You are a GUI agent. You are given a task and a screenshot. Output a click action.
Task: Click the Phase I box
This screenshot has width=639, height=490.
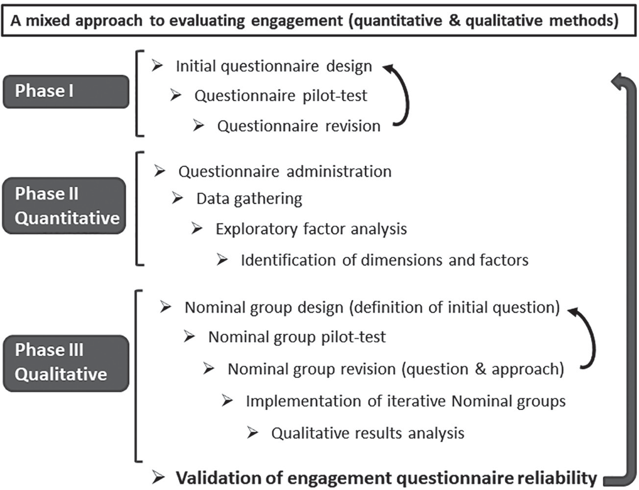click(66, 91)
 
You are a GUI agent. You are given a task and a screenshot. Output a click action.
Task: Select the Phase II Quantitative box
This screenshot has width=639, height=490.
click(64, 206)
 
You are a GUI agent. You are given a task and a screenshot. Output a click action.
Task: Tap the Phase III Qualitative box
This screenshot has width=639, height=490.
click(66, 363)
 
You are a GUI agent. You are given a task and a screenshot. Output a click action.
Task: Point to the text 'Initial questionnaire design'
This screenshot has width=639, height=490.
click(273, 66)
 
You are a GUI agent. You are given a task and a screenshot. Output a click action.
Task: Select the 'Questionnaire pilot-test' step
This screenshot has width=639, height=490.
click(280, 96)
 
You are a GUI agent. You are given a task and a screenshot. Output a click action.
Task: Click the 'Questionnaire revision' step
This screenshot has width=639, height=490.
click(298, 126)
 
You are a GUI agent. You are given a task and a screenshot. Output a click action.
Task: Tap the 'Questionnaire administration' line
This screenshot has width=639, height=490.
click(285, 171)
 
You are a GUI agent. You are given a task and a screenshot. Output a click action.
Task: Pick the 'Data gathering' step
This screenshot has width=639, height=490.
click(249, 198)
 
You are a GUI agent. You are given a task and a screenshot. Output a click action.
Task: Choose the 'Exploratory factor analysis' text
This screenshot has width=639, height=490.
click(311, 229)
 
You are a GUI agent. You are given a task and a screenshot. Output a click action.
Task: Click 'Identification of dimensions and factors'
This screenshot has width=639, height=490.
click(384, 260)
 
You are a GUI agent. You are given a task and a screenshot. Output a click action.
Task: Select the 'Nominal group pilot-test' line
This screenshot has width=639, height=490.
click(297, 337)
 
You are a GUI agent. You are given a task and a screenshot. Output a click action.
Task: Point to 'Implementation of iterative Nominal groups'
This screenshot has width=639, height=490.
click(406, 401)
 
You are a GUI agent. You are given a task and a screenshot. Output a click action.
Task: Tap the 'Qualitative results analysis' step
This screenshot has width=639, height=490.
click(368, 433)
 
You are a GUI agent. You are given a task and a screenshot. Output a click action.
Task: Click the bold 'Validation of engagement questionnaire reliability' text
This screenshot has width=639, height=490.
click(386, 478)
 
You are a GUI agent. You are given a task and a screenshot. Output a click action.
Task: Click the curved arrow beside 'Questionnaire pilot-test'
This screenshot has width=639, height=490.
click(405, 96)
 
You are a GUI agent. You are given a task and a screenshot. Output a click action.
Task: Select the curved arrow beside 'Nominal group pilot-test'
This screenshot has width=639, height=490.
click(591, 338)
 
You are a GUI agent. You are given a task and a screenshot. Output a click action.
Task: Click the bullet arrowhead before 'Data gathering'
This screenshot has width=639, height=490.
click(177, 198)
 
